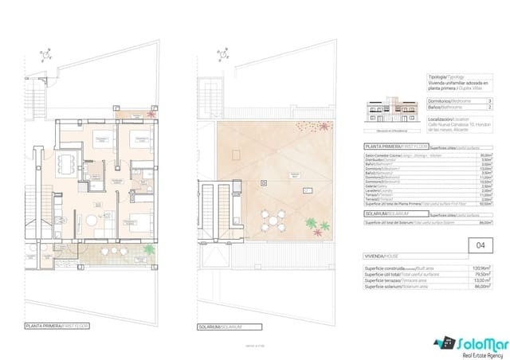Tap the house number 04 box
click(x=478, y=246)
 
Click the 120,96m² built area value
click(x=480, y=269)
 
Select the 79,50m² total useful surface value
click(x=481, y=276)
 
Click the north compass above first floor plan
click(x=42, y=57)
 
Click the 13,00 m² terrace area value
click(x=480, y=282)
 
